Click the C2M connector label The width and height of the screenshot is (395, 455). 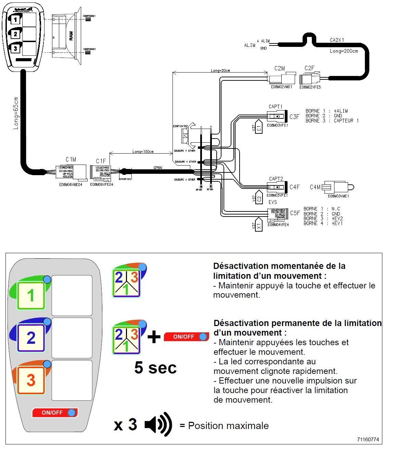pyautogui.click(x=279, y=68)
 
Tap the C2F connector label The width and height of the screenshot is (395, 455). pyautogui.click(x=309, y=68)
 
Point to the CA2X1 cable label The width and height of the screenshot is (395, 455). pyautogui.click(x=337, y=40)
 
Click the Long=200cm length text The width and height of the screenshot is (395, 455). pyautogui.click(x=344, y=51)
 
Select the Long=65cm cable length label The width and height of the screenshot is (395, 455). pyautogui.click(x=16, y=113)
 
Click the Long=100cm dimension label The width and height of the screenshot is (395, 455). pyautogui.click(x=143, y=152)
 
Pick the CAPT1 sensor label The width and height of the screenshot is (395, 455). pyautogui.click(x=275, y=107)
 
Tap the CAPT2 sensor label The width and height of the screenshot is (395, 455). pyautogui.click(x=276, y=179)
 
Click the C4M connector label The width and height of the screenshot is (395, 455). pyautogui.click(x=315, y=187)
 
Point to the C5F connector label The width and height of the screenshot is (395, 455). pyautogui.click(x=295, y=213)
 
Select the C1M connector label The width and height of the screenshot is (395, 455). pyautogui.click(x=71, y=159)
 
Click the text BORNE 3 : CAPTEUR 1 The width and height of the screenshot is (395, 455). pyautogui.click(x=332, y=121)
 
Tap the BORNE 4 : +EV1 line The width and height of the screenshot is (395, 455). pyautogui.click(x=323, y=223)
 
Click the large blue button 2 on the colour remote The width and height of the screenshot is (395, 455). pyautogui.click(x=31, y=338)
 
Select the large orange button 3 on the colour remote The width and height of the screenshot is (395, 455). pyautogui.click(x=31, y=380)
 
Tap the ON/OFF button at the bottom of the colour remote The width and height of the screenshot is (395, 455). pyautogui.click(x=55, y=413)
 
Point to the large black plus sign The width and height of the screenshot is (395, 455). pyautogui.click(x=154, y=337)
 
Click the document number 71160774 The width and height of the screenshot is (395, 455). pyautogui.click(x=368, y=440)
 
